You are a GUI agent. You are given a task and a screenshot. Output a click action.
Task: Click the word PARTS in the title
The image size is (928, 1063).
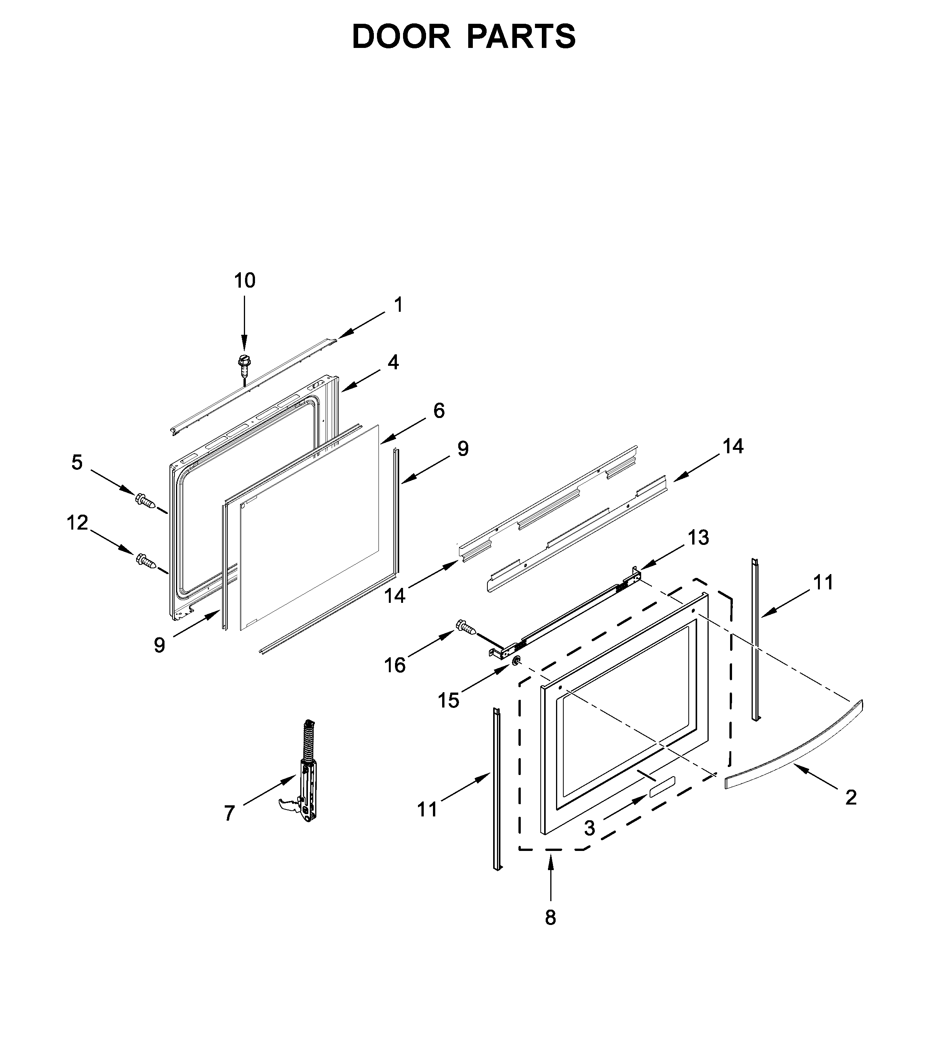click(521, 37)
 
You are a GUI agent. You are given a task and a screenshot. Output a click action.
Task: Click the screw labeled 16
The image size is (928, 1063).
click(466, 628)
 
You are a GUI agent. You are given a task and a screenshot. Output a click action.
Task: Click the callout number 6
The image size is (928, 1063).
click(439, 411)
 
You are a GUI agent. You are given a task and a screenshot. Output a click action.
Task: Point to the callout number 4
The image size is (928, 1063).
click(393, 362)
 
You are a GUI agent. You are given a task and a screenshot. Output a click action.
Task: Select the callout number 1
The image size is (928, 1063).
click(398, 305)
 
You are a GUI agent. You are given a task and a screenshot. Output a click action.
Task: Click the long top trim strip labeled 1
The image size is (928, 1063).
click(254, 385)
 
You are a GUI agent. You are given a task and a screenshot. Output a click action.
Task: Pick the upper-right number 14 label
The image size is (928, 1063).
click(733, 446)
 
